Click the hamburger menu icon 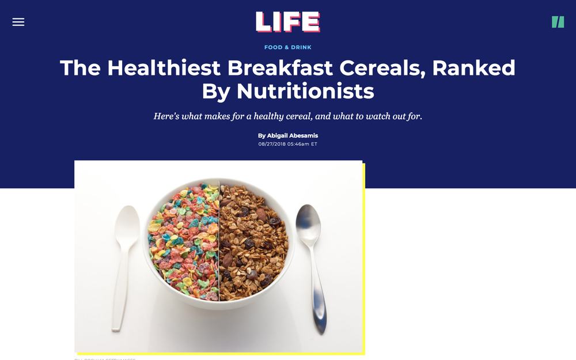[x=18, y=22]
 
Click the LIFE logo [x=288, y=22]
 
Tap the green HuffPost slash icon [x=558, y=22]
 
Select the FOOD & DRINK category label [x=288, y=47]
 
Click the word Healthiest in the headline [x=164, y=68]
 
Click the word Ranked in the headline [x=474, y=68]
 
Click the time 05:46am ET [x=305, y=144]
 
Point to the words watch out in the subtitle [x=377, y=116]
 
